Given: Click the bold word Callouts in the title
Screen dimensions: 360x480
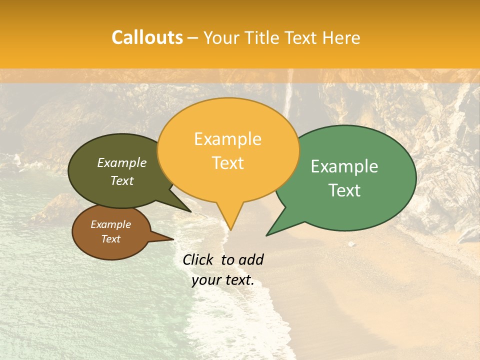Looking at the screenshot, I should (x=147, y=37).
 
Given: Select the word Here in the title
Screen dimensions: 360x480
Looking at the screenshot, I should (x=341, y=37).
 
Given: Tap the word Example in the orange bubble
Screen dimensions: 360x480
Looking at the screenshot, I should (x=227, y=139).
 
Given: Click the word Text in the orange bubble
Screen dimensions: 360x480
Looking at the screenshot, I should (x=227, y=163).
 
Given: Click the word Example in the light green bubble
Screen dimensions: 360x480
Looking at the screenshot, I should (x=344, y=166).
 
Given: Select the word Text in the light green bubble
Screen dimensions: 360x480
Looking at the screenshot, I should (x=344, y=190).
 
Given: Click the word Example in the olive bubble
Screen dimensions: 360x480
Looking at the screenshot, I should (x=122, y=162).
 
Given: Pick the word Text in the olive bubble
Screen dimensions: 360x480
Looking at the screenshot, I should (x=122, y=180).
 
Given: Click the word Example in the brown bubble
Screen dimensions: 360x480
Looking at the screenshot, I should (x=111, y=224).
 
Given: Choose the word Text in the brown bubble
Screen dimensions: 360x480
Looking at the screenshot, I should (x=111, y=239).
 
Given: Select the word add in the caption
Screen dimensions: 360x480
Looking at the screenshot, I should (x=251, y=259).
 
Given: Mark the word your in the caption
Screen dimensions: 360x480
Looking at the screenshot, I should (x=206, y=280).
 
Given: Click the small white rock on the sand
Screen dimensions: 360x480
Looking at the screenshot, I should (x=351, y=244).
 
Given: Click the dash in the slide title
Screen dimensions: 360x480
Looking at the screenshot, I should (x=192, y=38).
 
